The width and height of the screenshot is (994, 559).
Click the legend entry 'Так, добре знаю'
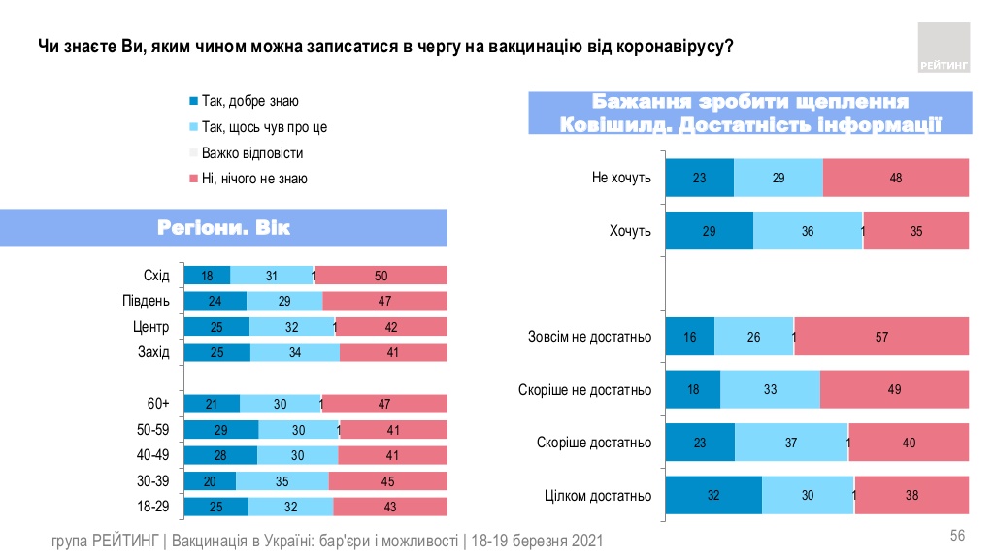click(x=250, y=101)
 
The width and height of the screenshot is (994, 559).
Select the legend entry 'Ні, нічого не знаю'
click(x=254, y=179)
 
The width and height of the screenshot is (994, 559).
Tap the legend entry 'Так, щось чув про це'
click(x=264, y=127)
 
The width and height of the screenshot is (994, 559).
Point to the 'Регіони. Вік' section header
click(x=223, y=228)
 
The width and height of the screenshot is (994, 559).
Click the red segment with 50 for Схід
click(x=381, y=276)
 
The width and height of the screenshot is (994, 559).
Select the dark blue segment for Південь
click(x=215, y=301)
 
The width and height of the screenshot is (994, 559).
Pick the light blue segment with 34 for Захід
click(x=295, y=352)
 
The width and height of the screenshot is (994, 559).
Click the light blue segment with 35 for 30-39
click(x=282, y=480)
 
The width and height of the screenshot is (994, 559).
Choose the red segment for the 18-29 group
click(x=390, y=506)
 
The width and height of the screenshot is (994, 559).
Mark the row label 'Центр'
click(x=152, y=327)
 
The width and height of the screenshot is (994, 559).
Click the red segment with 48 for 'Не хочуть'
click(x=895, y=179)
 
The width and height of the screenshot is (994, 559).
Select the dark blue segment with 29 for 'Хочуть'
click(x=709, y=231)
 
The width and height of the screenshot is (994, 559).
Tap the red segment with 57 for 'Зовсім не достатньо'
click(x=881, y=337)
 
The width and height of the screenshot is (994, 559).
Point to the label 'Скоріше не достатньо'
click(x=584, y=390)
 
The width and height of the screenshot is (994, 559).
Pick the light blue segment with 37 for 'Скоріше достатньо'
click(x=791, y=443)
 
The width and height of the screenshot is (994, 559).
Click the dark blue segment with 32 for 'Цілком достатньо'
click(x=713, y=495)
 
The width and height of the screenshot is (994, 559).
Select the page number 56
click(x=957, y=537)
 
